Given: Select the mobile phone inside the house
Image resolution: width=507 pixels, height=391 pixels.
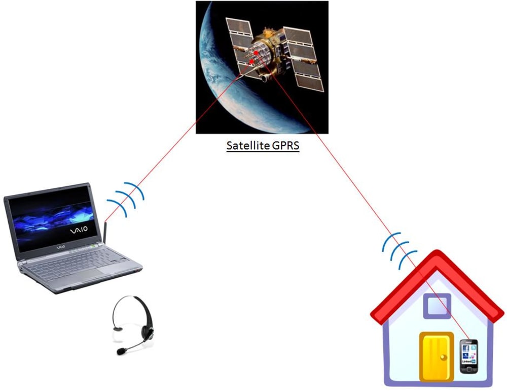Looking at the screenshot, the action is [x=468, y=356].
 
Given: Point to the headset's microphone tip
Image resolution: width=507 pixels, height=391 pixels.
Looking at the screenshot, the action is [x=120, y=351].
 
